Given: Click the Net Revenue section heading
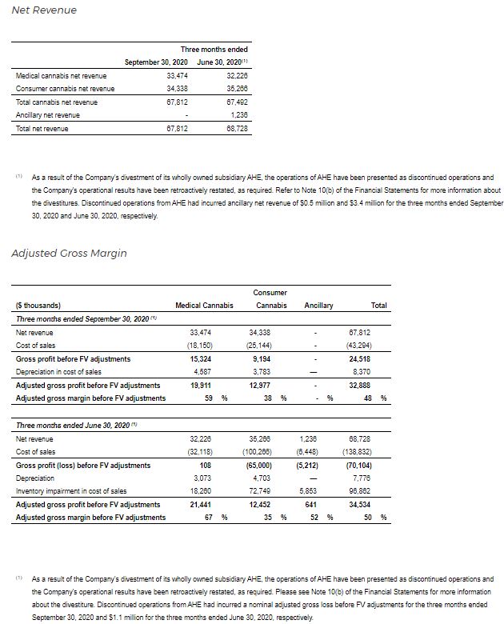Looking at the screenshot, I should [x=44, y=10].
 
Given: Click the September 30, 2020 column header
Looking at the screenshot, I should [x=157, y=62].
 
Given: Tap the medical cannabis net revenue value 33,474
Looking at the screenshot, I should [x=176, y=75].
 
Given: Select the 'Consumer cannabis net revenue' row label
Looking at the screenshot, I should [x=65, y=89].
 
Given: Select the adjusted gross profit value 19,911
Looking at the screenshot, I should [x=202, y=386].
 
